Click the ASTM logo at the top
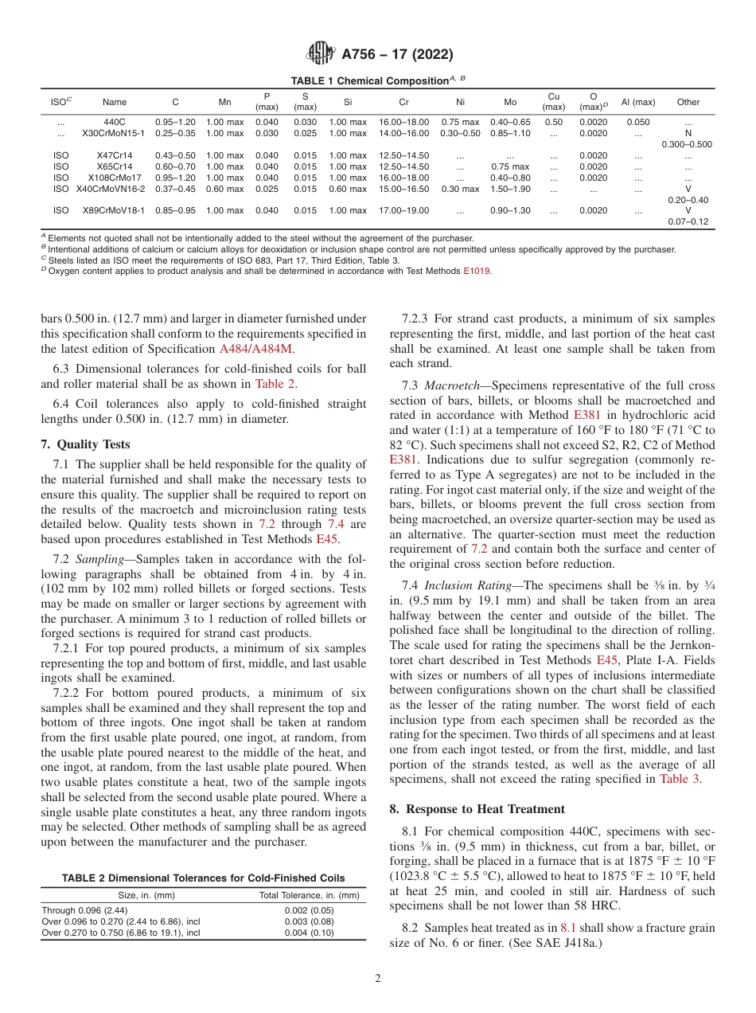(321, 55)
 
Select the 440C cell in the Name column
(115, 122)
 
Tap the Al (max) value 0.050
(637, 122)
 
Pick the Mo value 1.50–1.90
(510, 189)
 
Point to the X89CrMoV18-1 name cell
(115, 211)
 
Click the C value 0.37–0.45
(175, 189)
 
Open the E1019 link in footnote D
(477, 271)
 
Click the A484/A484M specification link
(252, 349)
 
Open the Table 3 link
(680, 779)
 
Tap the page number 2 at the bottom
(378, 979)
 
